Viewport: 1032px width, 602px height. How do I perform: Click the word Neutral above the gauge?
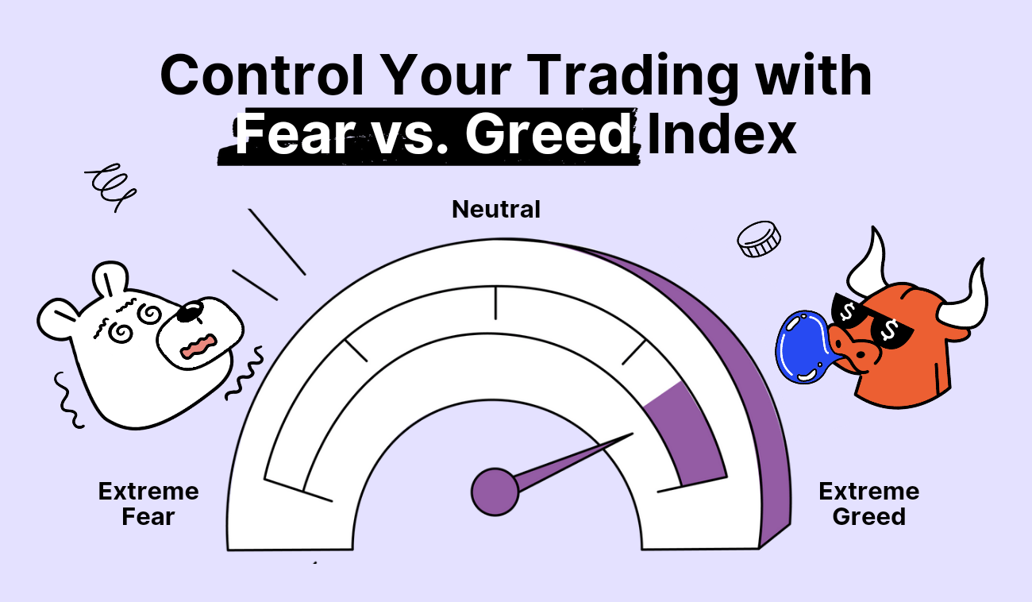[x=495, y=210]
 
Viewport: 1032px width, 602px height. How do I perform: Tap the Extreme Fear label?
[x=148, y=504]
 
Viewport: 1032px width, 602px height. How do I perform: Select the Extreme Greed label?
[x=869, y=504]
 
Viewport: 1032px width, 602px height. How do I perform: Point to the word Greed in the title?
[x=549, y=134]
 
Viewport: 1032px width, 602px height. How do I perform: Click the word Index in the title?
[x=722, y=134]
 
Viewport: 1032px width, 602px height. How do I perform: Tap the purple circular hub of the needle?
[x=495, y=492]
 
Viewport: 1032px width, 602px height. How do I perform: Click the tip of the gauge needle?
[x=633, y=434]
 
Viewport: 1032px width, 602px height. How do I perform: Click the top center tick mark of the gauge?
[x=495, y=303]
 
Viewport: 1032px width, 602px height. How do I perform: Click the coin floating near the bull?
[x=759, y=239]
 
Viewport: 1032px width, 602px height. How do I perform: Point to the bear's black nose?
[x=191, y=311]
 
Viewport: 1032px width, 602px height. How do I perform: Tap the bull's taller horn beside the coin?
[x=868, y=261]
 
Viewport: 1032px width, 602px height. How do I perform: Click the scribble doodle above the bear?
[x=110, y=186]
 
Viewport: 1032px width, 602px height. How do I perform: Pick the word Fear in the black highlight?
[x=295, y=134]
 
